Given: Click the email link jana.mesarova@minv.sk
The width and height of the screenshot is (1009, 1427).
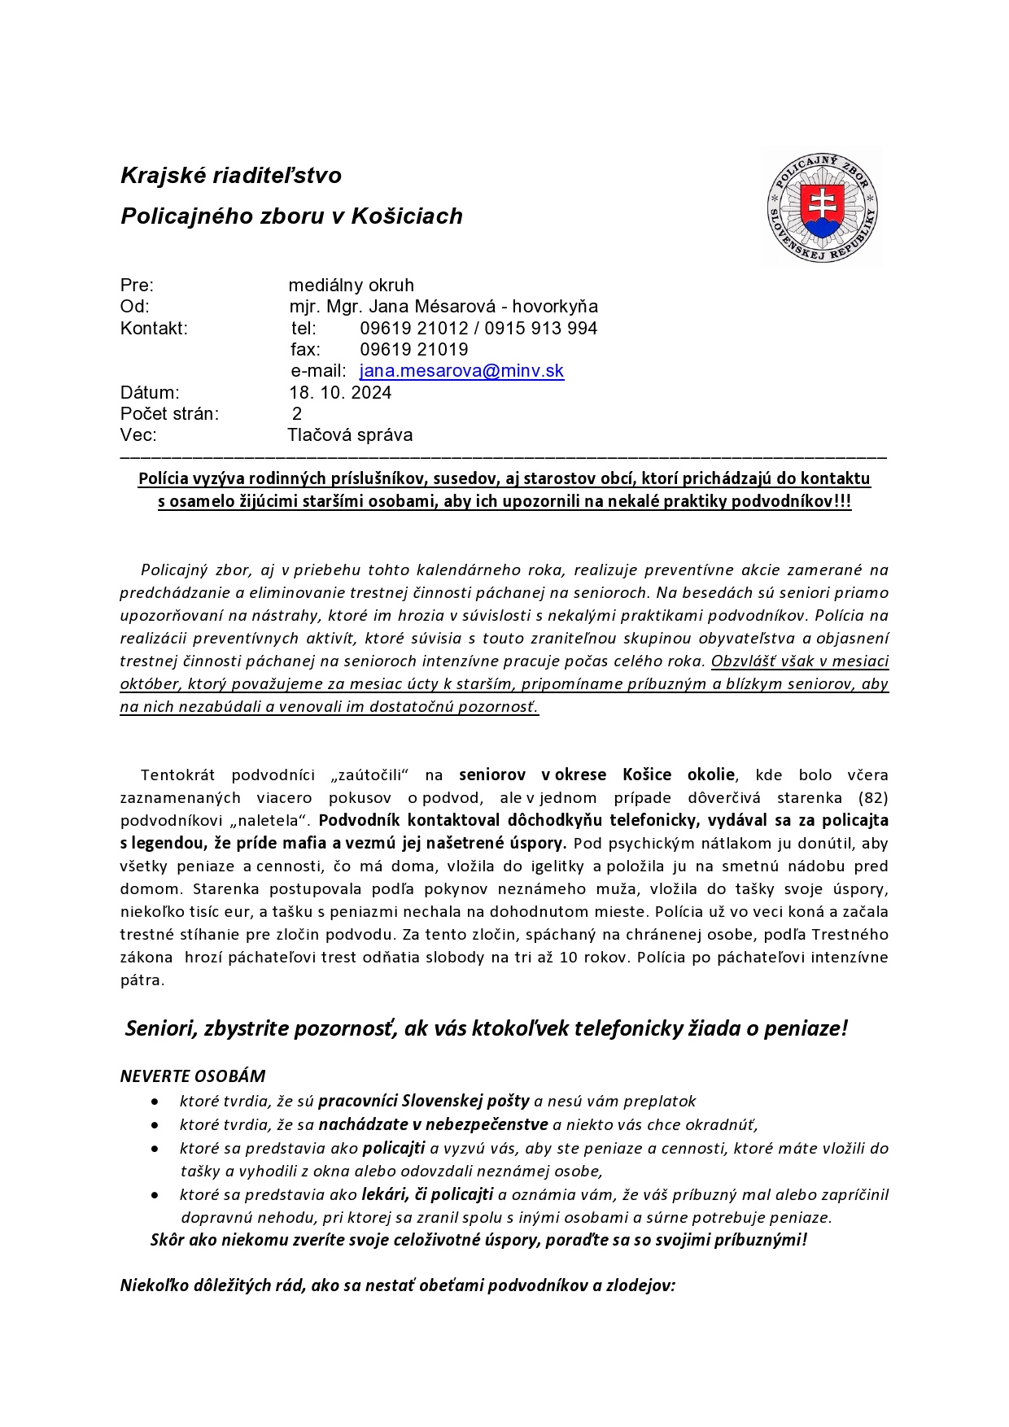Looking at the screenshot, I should point(461,371).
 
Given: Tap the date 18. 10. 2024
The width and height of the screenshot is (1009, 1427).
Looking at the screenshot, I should point(340,392).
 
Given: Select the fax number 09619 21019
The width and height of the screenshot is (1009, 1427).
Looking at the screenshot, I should point(414,350).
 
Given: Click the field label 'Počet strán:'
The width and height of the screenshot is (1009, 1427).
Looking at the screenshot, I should point(169,413).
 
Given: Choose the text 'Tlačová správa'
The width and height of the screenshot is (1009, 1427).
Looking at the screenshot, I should point(350,434).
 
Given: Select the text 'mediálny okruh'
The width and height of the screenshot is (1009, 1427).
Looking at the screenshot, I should point(351,286).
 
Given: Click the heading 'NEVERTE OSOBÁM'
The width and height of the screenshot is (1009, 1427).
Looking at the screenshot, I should point(193,1076).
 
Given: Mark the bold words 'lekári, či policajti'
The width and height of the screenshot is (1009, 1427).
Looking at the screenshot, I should point(427,1194).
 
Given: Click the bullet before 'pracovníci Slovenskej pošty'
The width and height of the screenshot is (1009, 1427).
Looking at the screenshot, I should point(155,1102).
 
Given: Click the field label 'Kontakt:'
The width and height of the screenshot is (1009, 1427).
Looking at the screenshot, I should point(154,329).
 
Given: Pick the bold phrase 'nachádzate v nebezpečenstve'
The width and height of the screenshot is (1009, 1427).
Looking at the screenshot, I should point(434,1125).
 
